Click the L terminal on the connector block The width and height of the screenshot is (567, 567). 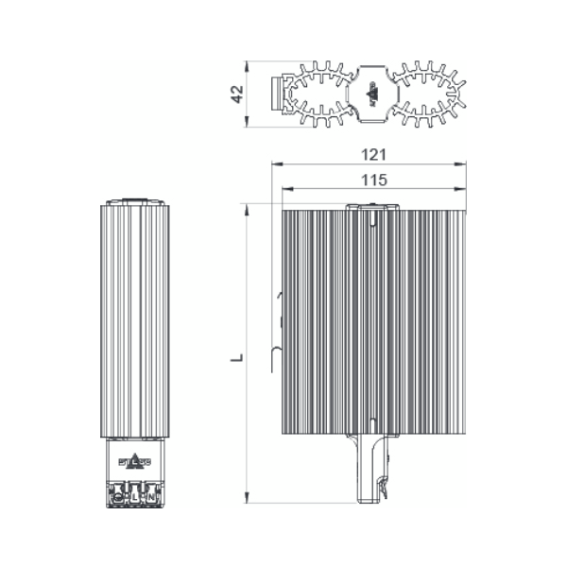coord(135,495)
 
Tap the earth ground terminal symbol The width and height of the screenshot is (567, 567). coord(119,495)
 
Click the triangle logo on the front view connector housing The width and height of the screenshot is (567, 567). coord(135,463)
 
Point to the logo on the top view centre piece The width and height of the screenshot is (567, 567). coord(371,94)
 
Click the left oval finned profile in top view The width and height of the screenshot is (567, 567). coord(319,94)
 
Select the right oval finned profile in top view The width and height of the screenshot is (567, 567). coord(426,94)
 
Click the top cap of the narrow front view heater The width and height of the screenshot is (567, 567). coord(135,201)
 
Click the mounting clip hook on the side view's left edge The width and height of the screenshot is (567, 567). coord(277,354)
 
